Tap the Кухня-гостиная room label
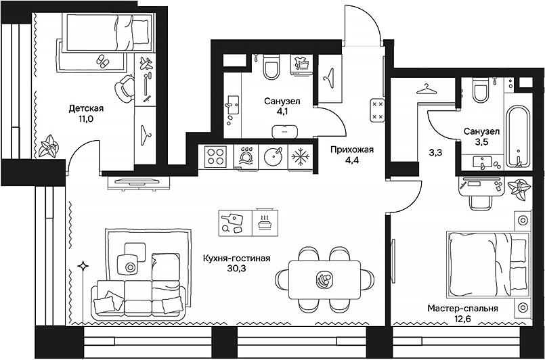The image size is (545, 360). pos(237,258)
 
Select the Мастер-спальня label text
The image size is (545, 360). pos(462,309)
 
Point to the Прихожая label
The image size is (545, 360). pos(351,149)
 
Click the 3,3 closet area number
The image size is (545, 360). pos(435,153)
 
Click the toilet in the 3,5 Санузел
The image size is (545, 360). pos(481,89)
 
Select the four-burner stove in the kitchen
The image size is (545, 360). pos(216,157)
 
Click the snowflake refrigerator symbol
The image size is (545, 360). pos(299,157)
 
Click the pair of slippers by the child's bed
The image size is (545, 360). pos(103,61)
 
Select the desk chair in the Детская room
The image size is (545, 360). pos(124,88)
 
